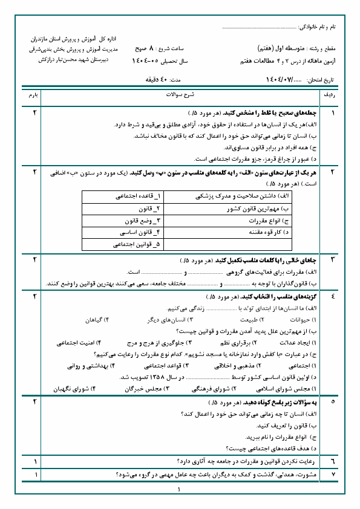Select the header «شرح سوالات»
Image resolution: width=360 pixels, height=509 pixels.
180,96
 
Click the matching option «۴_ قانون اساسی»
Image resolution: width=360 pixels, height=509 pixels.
140,232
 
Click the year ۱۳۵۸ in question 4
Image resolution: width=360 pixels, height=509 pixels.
151,377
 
